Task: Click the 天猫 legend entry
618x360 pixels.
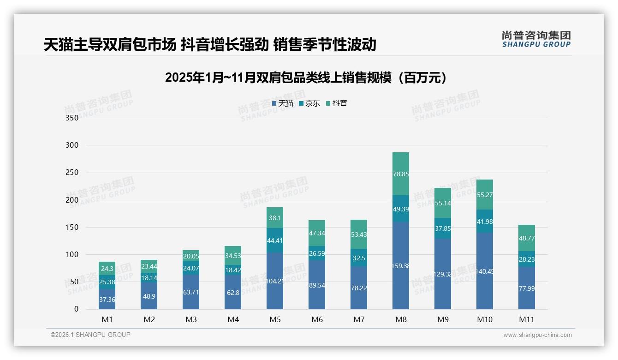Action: (283, 103)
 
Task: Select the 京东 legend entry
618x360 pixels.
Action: (309, 103)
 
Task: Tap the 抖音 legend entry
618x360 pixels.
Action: (337, 103)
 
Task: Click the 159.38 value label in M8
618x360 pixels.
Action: (401, 266)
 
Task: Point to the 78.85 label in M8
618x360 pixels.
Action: (401, 174)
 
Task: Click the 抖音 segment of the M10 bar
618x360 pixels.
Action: (485, 195)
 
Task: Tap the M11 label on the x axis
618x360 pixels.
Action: (527, 319)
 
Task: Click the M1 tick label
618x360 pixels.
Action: (107, 319)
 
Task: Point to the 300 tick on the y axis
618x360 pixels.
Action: (72, 145)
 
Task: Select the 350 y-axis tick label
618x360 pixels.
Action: (72, 118)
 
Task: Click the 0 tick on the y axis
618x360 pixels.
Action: (76, 309)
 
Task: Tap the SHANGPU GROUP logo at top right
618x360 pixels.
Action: (536, 39)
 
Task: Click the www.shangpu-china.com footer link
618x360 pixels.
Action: (537, 335)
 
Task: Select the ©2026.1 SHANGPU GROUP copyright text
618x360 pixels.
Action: (90, 335)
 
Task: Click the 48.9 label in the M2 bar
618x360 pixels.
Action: (149, 295)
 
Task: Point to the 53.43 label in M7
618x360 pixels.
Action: (359, 235)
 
